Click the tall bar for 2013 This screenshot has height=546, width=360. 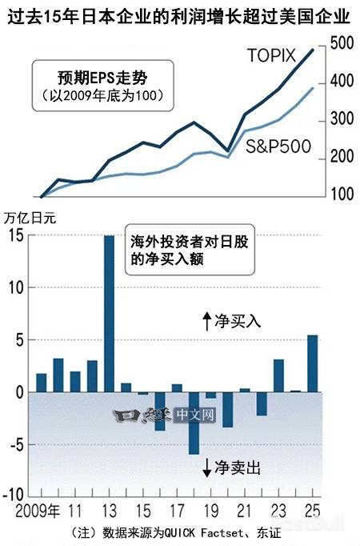coord(109,313)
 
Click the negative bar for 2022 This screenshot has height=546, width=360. coord(262,403)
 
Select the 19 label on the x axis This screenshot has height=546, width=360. coord(210,510)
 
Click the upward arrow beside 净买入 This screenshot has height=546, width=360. coord(206,321)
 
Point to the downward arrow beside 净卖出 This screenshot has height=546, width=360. coord(206,468)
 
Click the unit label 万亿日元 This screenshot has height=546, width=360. coord(31,216)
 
